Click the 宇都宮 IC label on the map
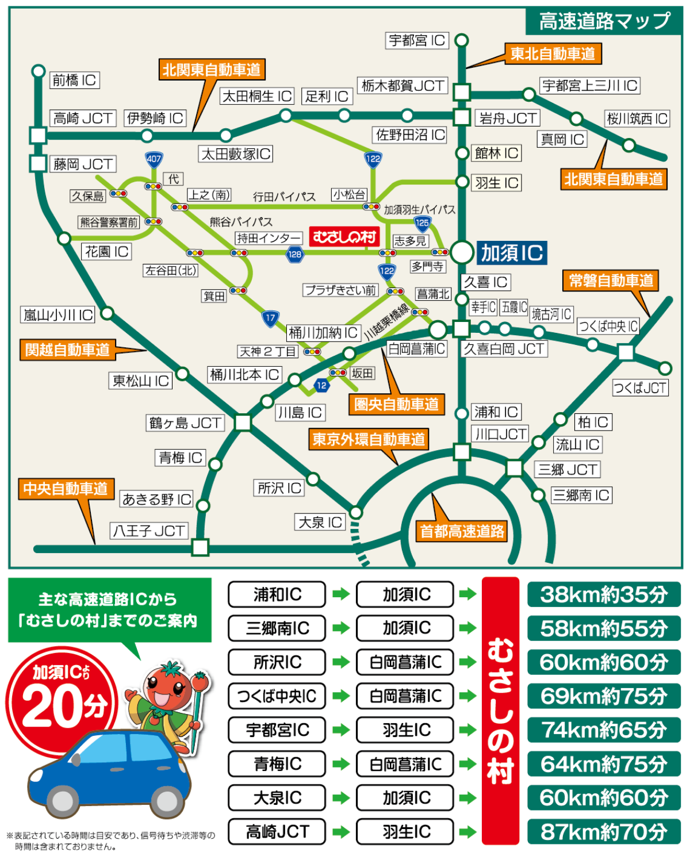click(x=417, y=40)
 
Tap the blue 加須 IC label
click(x=511, y=252)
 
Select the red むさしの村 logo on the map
click(x=344, y=236)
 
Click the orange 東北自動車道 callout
click(x=553, y=54)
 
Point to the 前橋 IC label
click(x=74, y=80)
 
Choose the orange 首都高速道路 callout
click(x=462, y=531)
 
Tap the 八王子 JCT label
click(x=149, y=531)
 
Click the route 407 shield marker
click(x=154, y=159)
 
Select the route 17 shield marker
click(x=270, y=318)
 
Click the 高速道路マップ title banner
click(x=604, y=21)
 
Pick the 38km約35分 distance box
click(x=604, y=594)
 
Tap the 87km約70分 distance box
click(x=604, y=832)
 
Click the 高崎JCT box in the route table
click(x=277, y=832)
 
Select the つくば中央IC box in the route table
click(x=277, y=696)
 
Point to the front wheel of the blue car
click(x=63, y=800)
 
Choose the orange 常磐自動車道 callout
click(x=611, y=281)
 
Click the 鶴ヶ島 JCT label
click(x=185, y=423)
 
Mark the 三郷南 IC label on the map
click(x=581, y=496)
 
